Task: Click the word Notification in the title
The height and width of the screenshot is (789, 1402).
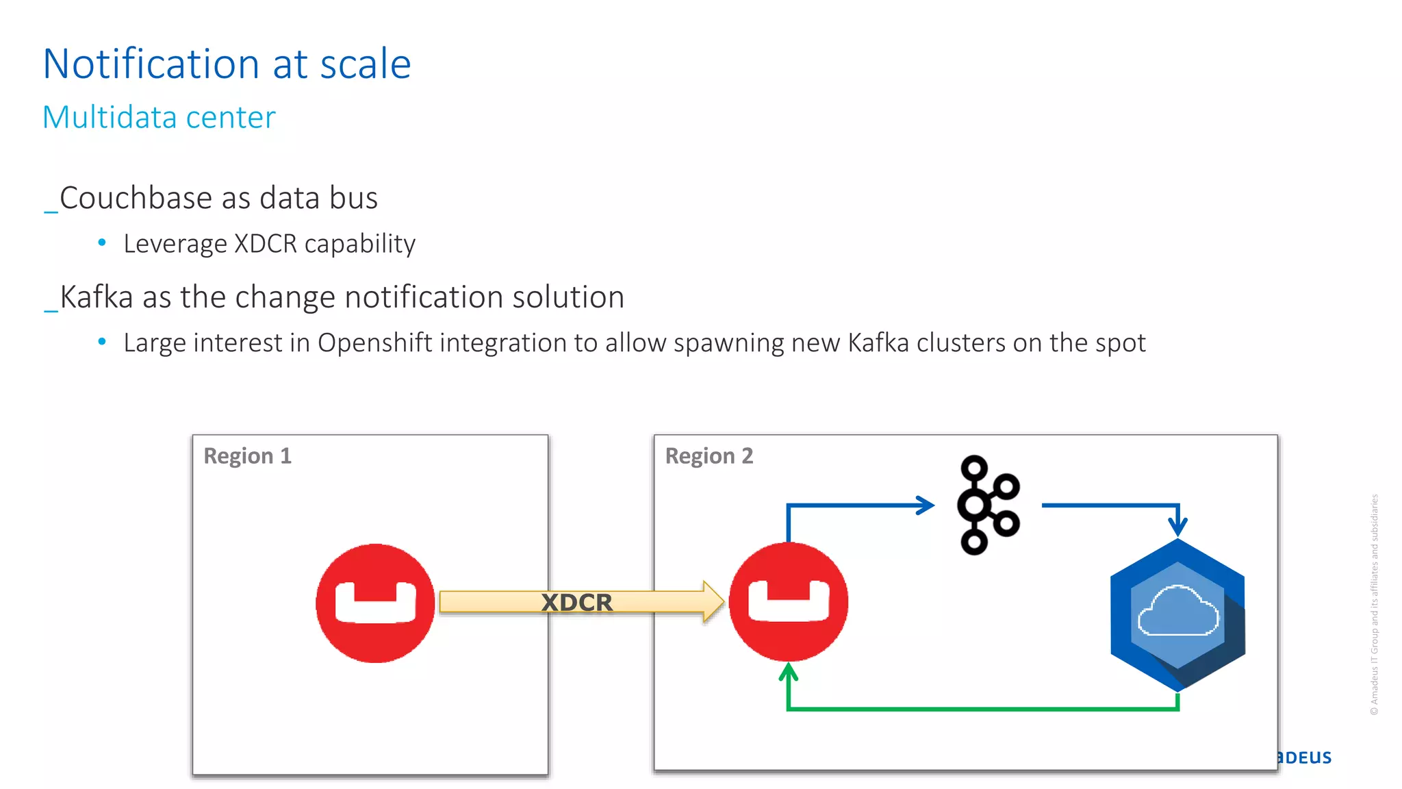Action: (151, 64)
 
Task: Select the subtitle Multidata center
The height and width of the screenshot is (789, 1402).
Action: (159, 117)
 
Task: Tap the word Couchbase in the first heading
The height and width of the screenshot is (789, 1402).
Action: (136, 198)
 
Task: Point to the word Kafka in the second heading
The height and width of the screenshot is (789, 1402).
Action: (97, 297)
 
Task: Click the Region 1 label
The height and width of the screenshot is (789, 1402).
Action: (248, 456)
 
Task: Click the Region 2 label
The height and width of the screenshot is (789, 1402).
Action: (709, 456)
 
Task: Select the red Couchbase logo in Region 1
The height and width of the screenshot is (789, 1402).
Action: (375, 603)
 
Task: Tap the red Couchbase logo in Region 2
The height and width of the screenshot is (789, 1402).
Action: (789, 601)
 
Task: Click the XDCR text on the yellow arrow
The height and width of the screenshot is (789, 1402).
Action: (576, 603)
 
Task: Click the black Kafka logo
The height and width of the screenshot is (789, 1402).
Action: (987, 505)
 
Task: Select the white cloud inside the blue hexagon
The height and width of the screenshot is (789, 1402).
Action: (1177, 611)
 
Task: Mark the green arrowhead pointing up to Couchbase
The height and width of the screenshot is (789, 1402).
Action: (789, 673)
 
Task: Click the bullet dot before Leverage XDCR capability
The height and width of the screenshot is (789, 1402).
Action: (102, 242)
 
